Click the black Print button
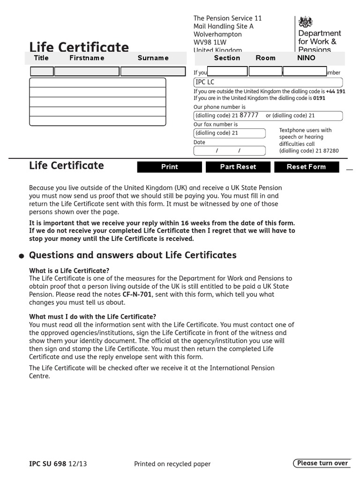(x=169, y=167)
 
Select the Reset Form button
(x=306, y=167)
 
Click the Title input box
(x=42, y=72)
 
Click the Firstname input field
(x=87, y=72)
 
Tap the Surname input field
(x=153, y=72)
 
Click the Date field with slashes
(x=229, y=151)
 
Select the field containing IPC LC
(x=268, y=82)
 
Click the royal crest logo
(x=306, y=22)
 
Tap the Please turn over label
(x=322, y=463)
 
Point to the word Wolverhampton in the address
(x=217, y=34)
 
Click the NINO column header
(x=306, y=58)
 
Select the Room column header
(x=265, y=58)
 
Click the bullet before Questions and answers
(x=22, y=256)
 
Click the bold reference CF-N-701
(x=137, y=294)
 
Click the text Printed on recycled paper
(x=172, y=464)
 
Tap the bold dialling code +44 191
(x=335, y=91)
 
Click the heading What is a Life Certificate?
(x=69, y=271)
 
